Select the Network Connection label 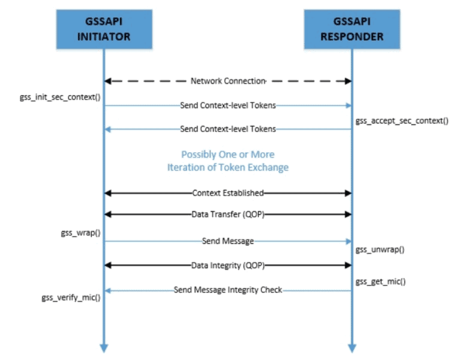click(x=228, y=81)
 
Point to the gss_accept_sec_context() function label click(x=402, y=121)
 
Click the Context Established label click(x=228, y=193)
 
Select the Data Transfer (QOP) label click(x=228, y=214)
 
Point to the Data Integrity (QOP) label click(x=228, y=264)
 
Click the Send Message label click(x=228, y=241)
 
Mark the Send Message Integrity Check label click(x=228, y=290)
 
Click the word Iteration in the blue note click(x=187, y=167)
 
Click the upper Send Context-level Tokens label click(x=228, y=106)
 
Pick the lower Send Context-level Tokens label click(x=228, y=129)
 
